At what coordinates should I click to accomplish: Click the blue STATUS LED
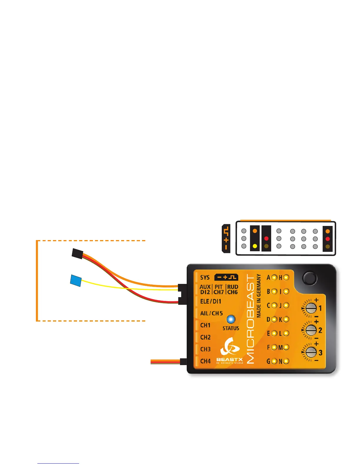point(231,319)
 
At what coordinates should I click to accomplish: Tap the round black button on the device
point(310,277)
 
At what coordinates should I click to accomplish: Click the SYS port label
point(205,277)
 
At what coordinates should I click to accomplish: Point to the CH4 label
point(205,361)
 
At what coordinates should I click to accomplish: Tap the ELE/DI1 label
point(211,301)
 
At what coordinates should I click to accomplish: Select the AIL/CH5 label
point(211,313)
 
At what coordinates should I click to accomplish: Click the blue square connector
point(76,280)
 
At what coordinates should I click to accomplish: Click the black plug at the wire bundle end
point(77,253)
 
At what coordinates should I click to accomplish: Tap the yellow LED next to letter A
point(274,277)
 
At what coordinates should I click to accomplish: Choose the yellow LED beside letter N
point(286,361)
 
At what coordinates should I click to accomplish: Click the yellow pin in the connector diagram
point(255,246)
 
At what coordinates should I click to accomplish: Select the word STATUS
point(231,328)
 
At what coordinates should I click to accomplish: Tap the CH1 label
point(205,325)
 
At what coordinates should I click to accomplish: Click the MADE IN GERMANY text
point(259,296)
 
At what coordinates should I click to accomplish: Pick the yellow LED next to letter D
point(274,319)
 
